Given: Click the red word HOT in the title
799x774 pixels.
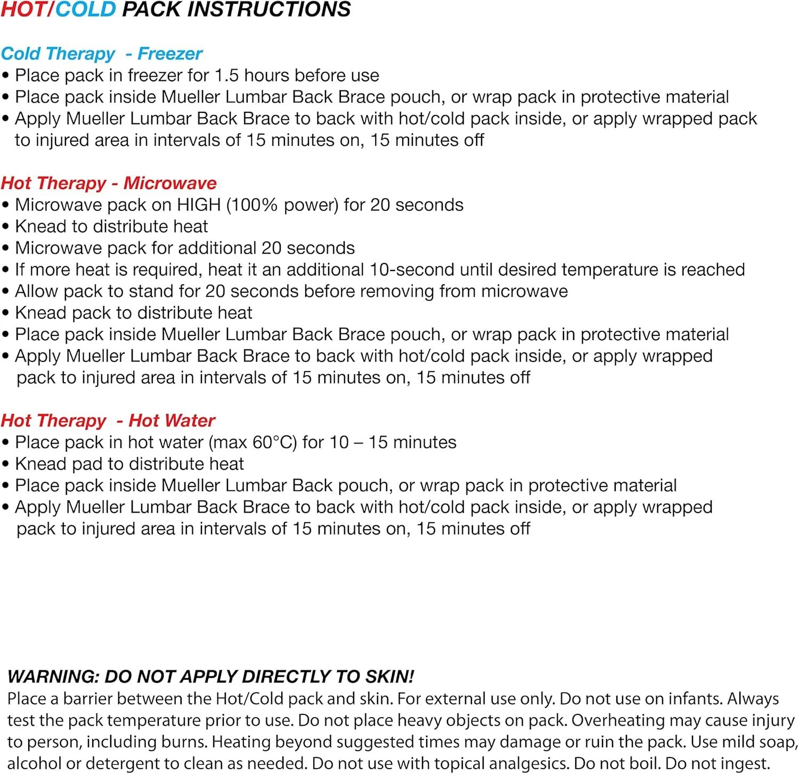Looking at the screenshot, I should pyautogui.click(x=23, y=10).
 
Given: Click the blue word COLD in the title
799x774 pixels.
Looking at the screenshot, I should pyautogui.click(x=85, y=10).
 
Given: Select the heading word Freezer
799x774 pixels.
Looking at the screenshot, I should pyautogui.click(x=170, y=54).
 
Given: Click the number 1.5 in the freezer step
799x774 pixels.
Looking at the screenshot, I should pyautogui.click(x=226, y=76).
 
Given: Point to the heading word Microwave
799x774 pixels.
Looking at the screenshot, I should pyautogui.click(x=170, y=183).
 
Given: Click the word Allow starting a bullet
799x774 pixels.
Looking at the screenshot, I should pyautogui.click(x=36, y=292).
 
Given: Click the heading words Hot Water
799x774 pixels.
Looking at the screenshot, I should pyautogui.click(x=172, y=421).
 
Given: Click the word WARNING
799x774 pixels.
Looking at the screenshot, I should pyautogui.click(x=53, y=677).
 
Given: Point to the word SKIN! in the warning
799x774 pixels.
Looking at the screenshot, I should pyautogui.click(x=389, y=677).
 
